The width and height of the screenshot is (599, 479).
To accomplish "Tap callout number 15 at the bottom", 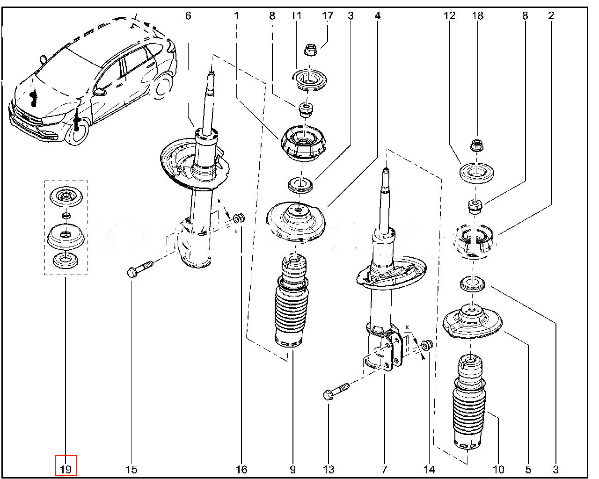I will (x=131, y=469).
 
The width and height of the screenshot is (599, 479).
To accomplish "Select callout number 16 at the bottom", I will (x=241, y=469).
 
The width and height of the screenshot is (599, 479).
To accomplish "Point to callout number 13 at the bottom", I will (x=329, y=469).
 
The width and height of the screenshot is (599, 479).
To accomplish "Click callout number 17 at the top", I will (x=328, y=16).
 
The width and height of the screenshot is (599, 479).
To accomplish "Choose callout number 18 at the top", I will (x=477, y=16).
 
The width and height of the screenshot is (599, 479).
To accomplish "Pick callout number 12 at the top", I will (x=449, y=16).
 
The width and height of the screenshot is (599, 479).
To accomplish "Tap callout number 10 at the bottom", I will (x=498, y=469).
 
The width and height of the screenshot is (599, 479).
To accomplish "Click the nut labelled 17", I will (x=309, y=49).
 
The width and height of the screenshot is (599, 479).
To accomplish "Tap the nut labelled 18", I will (x=477, y=145).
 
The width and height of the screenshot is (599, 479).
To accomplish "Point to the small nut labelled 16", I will (x=239, y=218).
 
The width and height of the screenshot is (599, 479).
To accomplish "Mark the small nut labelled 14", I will (x=427, y=346).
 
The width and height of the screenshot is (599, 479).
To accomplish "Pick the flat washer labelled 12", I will (x=476, y=174).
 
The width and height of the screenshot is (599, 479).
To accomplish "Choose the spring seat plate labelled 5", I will (x=473, y=323).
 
